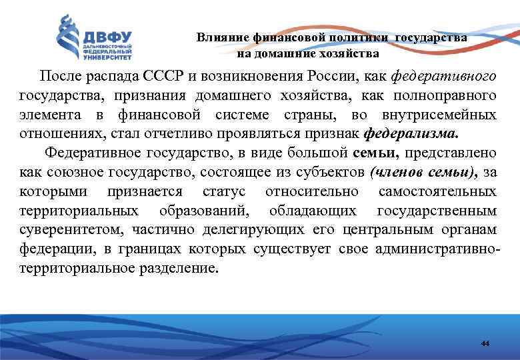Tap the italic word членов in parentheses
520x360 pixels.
(x=394, y=173)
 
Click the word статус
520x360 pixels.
(x=222, y=192)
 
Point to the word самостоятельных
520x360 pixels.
(x=437, y=192)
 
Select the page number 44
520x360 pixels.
(x=485, y=343)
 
